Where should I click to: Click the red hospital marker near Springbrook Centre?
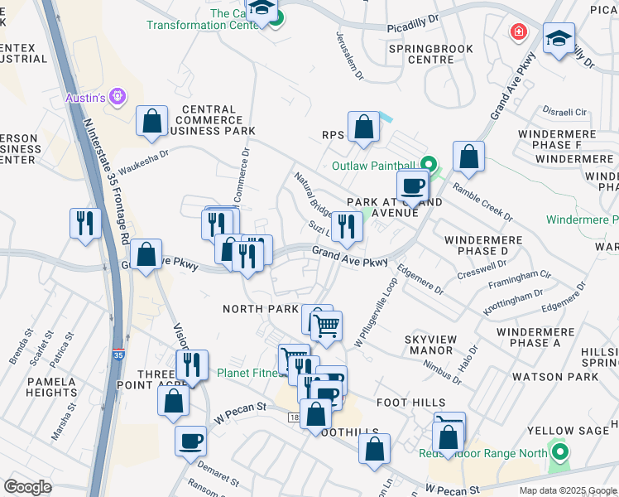pyautogui.click(x=519, y=32)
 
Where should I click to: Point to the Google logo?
pyautogui.click(x=27, y=487)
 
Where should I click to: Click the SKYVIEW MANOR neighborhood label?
pyautogui.click(x=429, y=345)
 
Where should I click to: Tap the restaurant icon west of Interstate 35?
pyautogui.click(x=85, y=223)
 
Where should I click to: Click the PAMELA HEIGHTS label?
pyautogui.click(x=51, y=388)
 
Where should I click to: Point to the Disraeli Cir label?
pyautogui.click(x=564, y=111)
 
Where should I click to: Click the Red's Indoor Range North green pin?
pyautogui.click(x=560, y=453)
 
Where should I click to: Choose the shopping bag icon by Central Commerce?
pyautogui.click(x=152, y=121)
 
